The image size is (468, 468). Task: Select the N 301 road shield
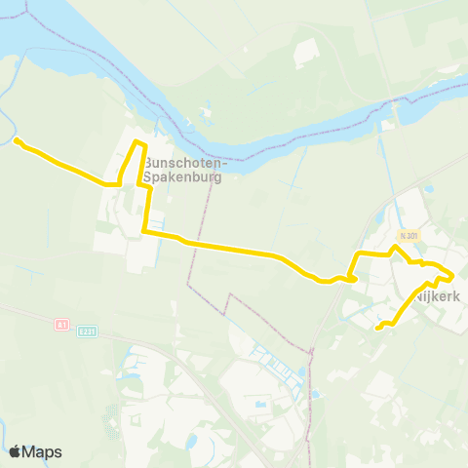click(x=408, y=236)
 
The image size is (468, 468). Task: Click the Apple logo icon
click(x=16, y=451)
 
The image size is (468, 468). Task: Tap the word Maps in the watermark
click(x=43, y=451)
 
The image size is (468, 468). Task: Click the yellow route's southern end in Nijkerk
click(x=377, y=328)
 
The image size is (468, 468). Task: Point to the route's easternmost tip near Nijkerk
click(x=452, y=276)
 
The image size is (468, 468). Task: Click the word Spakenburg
click(x=182, y=178)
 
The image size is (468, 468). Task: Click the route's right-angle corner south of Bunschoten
click(x=144, y=232)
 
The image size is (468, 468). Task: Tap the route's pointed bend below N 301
click(x=394, y=248)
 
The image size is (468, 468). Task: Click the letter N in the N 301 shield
click(x=401, y=236)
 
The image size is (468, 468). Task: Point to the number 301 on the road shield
click(x=411, y=236)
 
